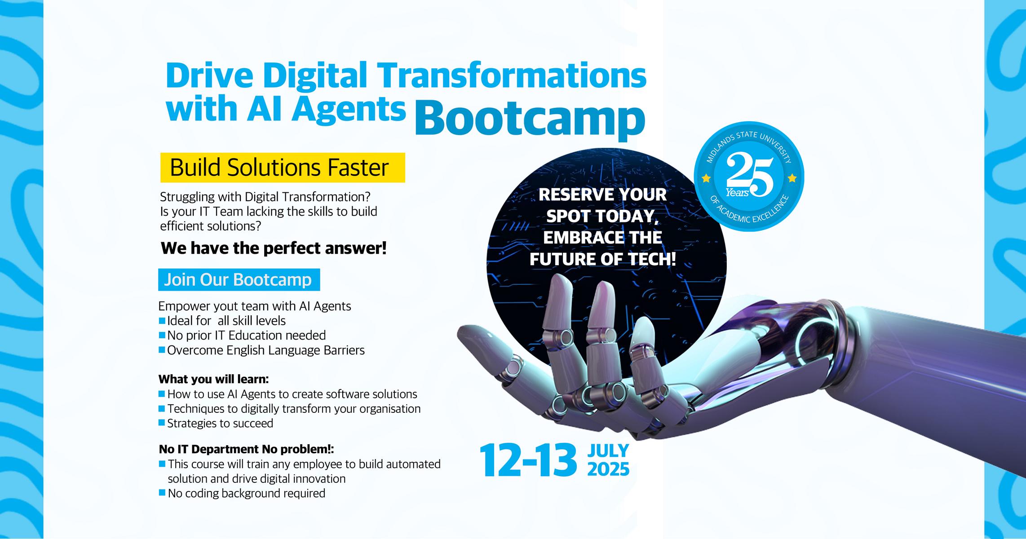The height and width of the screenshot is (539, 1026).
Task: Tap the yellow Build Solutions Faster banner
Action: click(283, 168)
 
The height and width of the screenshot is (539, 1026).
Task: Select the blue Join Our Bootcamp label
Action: click(239, 280)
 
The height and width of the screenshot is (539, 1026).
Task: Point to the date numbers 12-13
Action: click(528, 460)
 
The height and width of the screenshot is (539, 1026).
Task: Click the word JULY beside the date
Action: click(608, 451)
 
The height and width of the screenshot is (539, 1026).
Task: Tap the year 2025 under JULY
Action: click(608, 469)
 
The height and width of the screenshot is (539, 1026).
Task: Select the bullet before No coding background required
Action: click(162, 493)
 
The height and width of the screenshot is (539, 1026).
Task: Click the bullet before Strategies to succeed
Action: click(162, 423)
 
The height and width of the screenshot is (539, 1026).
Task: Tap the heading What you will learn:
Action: click(213, 379)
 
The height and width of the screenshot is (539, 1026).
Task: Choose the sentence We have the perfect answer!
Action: click(274, 248)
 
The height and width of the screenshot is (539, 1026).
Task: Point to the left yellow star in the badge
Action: click(706, 179)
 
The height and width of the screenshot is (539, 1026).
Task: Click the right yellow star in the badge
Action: click(792, 179)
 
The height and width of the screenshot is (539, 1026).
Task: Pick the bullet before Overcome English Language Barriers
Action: click(162, 349)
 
